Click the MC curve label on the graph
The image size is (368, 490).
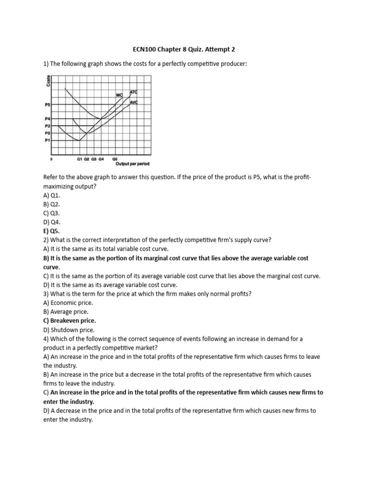(120, 95)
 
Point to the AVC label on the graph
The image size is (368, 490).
(134, 102)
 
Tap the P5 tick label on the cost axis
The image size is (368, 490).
(47, 104)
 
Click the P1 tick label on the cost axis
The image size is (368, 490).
(47, 140)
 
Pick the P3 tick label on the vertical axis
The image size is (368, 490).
(47, 126)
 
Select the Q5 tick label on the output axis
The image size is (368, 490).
(115, 158)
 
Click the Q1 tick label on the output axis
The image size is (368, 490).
(80, 158)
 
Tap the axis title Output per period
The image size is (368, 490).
(133, 163)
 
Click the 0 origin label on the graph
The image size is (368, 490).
(51, 158)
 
